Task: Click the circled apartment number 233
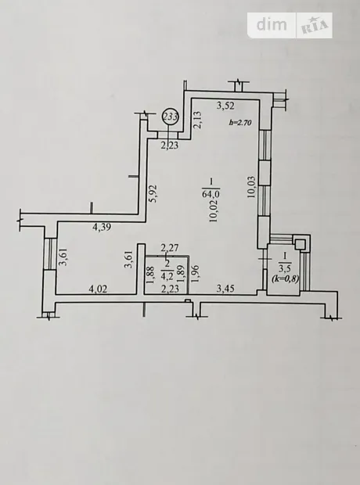[171, 117]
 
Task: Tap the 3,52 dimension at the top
[225, 106]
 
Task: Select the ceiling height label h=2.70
[240, 123]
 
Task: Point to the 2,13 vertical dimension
[198, 120]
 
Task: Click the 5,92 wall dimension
[153, 194]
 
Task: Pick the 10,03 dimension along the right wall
[252, 187]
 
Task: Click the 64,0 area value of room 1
[211, 194]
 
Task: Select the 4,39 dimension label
[102, 228]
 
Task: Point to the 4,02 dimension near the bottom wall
[98, 289]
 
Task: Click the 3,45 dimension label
[225, 289]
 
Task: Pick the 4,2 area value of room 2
[167, 275]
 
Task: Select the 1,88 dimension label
[150, 275]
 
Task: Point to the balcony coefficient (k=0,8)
[285, 279]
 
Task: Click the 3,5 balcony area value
[285, 268]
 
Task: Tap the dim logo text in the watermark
[272, 24]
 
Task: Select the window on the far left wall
[49, 253]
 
